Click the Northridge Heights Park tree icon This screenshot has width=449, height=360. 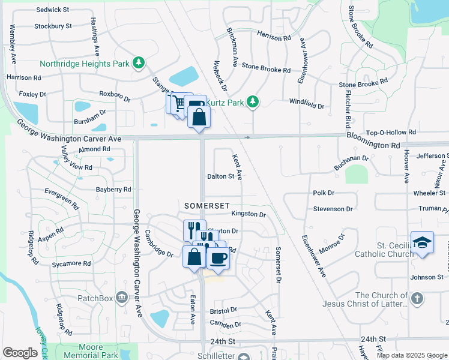coord(139,62)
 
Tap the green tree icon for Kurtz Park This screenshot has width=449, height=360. coord(253,103)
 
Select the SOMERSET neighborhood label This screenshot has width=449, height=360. coord(206,205)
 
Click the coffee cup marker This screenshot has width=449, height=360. coord(218,258)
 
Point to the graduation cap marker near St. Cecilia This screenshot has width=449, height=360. coord(422,243)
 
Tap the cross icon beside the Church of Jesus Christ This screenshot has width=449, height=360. coord(418,298)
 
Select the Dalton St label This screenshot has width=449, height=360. coord(220,176)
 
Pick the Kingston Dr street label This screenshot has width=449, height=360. coord(248,214)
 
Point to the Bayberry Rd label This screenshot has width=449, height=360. coord(113,190)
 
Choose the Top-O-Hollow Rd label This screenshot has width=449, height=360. coord(391,132)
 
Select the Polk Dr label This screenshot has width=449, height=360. coord(323,193)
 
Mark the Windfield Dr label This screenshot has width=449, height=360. coord(306,106)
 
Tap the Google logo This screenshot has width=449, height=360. coord(20,353)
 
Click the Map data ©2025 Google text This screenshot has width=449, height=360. coord(411,355)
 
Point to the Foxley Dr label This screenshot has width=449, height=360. coord(32,94)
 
